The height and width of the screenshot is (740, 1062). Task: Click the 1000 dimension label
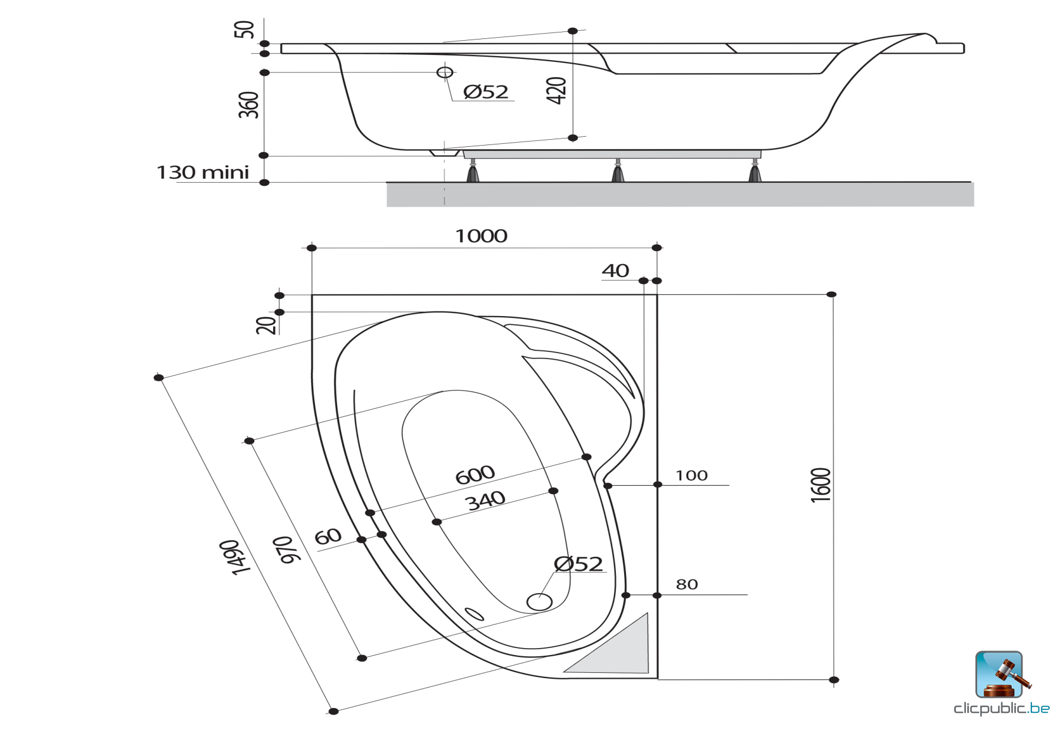[481, 236]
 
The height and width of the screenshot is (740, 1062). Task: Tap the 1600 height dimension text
[821, 485]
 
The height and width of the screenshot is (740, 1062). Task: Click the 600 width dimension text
[475, 475]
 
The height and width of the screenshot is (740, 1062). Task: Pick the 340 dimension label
[486, 501]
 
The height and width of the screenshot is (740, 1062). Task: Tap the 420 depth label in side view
[556, 91]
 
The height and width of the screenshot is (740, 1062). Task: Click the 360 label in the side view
[248, 105]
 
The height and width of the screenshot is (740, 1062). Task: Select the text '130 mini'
[202, 172]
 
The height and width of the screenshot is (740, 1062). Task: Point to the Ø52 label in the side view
[486, 91]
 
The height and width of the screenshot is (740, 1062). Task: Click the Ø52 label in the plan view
[578, 564]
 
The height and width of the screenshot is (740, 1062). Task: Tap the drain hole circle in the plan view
[539, 602]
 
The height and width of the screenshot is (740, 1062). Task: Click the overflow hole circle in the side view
[445, 72]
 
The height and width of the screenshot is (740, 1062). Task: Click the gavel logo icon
[1001, 675]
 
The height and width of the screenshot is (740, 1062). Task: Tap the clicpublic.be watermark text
[1001, 708]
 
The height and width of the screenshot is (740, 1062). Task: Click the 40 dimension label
[615, 271]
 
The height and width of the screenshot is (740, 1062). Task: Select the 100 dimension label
[691, 475]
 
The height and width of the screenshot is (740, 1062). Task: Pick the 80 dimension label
[687, 584]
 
